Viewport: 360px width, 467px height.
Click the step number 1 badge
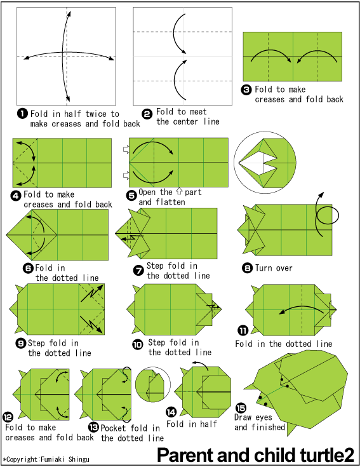(x=22, y=114)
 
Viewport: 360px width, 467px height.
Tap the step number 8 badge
(x=247, y=268)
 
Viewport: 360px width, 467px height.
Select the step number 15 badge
(x=241, y=408)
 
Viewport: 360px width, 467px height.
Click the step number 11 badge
(x=243, y=330)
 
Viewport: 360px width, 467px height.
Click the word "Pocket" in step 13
(x=114, y=428)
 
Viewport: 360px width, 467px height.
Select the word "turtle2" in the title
(x=327, y=455)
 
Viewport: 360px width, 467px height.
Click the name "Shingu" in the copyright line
(x=79, y=459)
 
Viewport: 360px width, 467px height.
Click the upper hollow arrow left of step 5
(x=126, y=149)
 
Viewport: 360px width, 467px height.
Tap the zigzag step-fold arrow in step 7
(x=133, y=237)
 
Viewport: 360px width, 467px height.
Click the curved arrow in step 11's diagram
(x=300, y=307)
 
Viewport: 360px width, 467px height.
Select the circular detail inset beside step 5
(x=265, y=163)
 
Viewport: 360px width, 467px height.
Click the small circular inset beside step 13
(x=153, y=384)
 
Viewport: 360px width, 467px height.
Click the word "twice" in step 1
(x=96, y=114)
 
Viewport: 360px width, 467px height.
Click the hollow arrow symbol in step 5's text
(x=179, y=191)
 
